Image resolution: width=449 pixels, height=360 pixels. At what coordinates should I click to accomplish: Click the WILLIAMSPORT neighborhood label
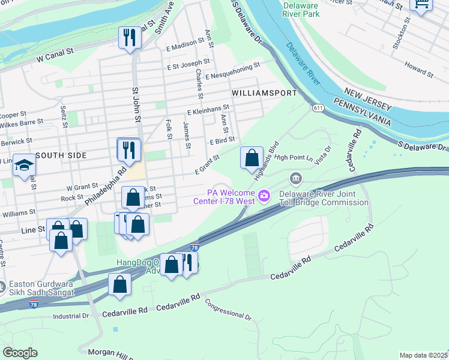coord(264,94)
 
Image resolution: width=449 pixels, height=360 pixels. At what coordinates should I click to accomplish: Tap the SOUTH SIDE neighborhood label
coord(61,155)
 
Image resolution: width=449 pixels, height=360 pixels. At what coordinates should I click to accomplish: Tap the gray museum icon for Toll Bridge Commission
coord(295,179)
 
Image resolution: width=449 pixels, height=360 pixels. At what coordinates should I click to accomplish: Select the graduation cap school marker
coord(25,165)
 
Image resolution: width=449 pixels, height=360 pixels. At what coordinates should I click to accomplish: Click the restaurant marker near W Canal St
coord(130,38)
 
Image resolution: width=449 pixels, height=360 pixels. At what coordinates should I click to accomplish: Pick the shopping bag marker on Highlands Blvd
coord(252,158)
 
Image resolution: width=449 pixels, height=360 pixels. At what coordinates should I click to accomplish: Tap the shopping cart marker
coord(421,5)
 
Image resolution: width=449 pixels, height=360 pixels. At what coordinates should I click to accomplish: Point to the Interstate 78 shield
coord(194,247)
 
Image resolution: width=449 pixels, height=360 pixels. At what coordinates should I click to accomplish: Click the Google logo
coord(19,353)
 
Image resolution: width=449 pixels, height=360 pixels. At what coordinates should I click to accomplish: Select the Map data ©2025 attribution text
coord(423,355)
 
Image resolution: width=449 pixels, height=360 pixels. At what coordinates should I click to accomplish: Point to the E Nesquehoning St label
coord(232,71)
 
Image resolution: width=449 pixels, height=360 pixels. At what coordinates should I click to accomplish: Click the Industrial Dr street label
coord(70,316)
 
